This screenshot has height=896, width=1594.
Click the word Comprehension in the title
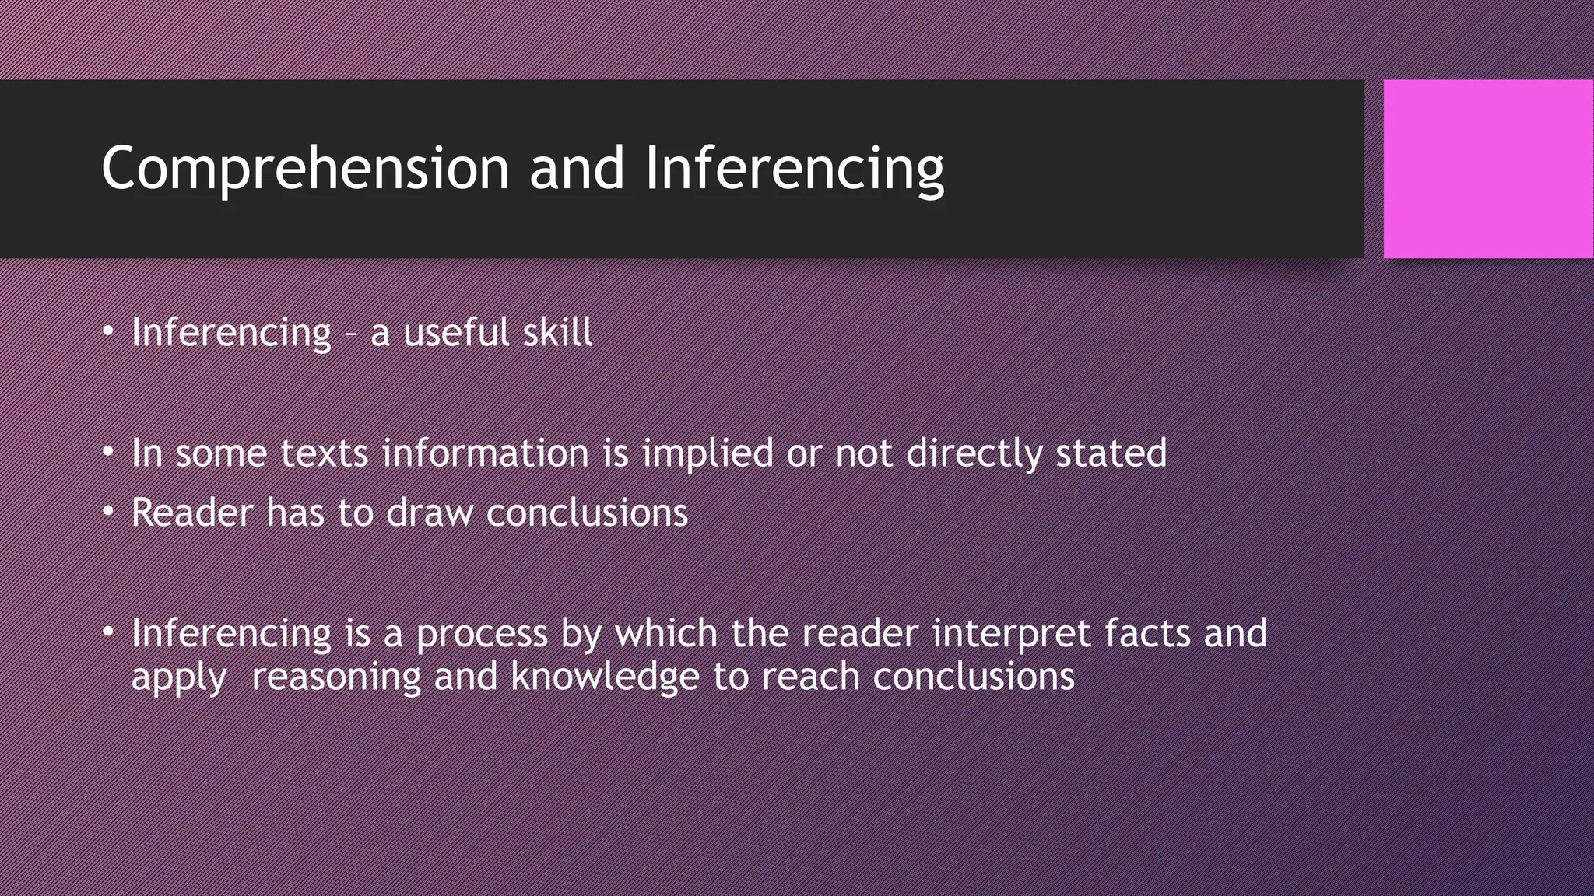[304, 169]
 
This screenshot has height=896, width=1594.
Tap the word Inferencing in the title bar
[794, 169]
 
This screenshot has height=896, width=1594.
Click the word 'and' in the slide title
[577, 169]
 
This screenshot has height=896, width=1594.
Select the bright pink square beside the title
[1488, 169]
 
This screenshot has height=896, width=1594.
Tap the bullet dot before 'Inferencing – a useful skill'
[108, 332]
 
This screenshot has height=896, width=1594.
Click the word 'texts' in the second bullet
[324, 453]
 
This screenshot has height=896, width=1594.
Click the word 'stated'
[1111, 453]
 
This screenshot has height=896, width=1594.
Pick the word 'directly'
[973, 453]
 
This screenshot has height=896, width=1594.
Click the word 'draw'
[429, 513]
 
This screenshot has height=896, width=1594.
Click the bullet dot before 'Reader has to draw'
[108, 512]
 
